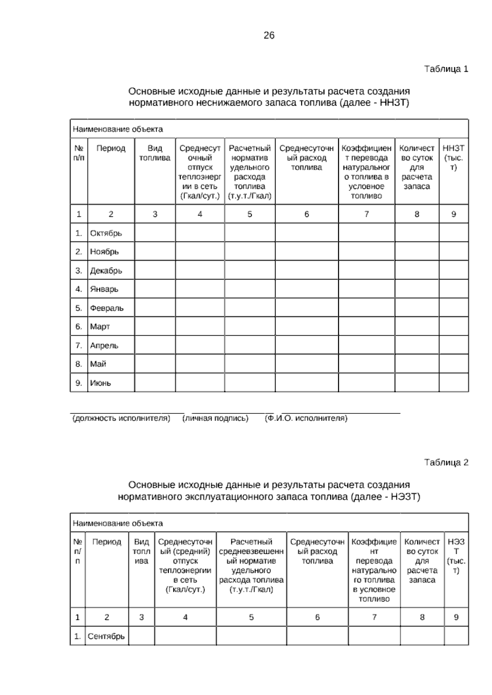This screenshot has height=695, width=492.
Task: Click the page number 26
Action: click(269, 36)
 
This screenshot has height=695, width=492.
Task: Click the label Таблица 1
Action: click(446, 69)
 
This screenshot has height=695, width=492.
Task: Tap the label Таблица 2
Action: click(446, 463)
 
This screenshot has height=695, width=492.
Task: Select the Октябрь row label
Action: click(106, 233)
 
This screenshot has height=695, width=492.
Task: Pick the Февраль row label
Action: click(107, 308)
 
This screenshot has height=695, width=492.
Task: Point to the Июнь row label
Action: click(100, 383)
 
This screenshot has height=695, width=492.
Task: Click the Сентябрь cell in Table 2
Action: click(106, 636)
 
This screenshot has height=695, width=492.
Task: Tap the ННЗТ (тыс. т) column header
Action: click(453, 158)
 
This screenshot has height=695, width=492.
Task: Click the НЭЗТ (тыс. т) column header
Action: click(456, 556)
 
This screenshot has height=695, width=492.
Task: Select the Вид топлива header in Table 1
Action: click(155, 153)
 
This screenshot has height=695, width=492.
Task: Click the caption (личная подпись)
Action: click(215, 418)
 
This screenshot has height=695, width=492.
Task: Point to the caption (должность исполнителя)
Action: click(121, 418)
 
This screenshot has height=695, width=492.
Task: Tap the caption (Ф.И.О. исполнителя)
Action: click(306, 418)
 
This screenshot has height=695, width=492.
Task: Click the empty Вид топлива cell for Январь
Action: click(155, 289)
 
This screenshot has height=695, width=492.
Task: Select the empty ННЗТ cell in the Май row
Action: click(453, 364)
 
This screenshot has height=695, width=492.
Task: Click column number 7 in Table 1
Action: click(367, 214)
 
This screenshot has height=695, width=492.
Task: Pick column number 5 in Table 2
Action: click(251, 617)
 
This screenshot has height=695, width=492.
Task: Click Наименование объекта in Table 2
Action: click(118, 523)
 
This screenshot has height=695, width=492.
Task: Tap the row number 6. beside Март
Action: click(79, 327)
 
